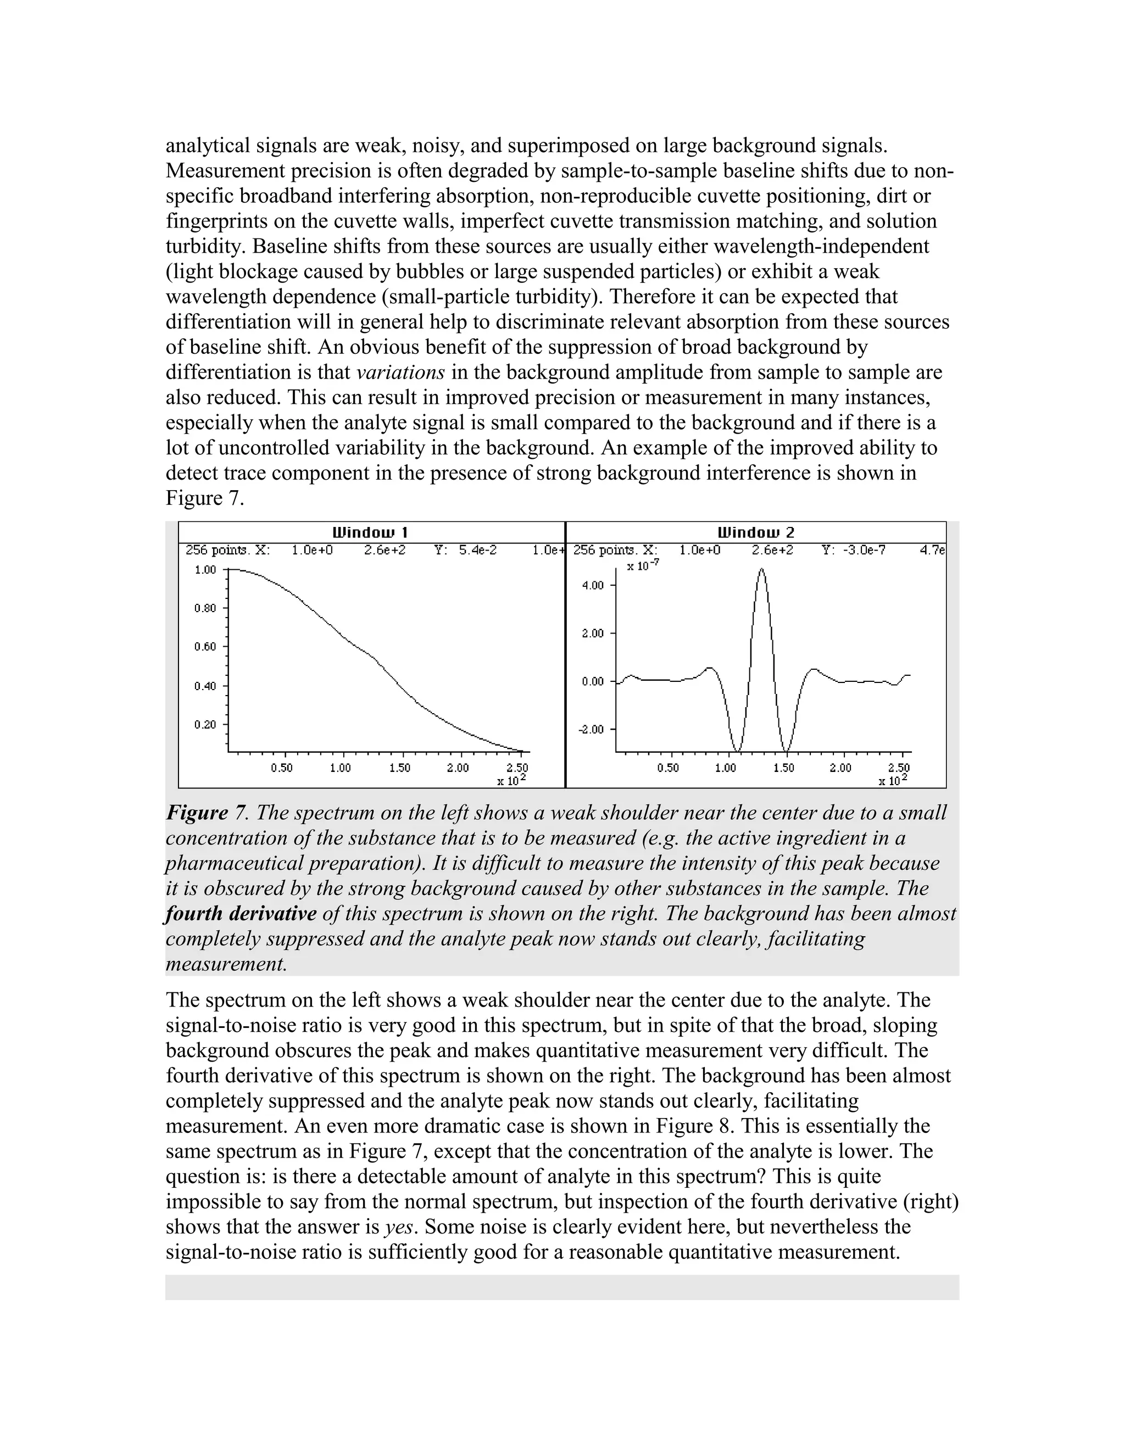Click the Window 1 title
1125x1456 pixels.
click(370, 532)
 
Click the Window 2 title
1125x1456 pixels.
click(756, 532)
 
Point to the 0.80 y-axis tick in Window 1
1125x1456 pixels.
click(205, 608)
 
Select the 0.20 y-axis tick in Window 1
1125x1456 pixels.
click(205, 725)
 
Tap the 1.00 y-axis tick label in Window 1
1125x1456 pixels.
click(205, 570)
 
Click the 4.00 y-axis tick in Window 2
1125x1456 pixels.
click(593, 585)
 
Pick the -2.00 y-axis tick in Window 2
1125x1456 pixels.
click(593, 729)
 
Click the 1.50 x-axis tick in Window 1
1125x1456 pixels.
click(399, 768)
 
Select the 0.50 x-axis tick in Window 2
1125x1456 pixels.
click(668, 768)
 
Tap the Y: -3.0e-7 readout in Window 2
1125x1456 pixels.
click(854, 550)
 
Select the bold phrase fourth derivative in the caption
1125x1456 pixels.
click(241, 913)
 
